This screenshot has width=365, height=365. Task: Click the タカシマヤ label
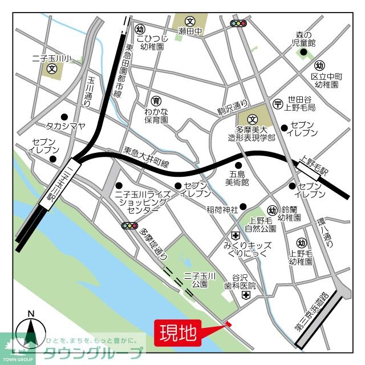pos(64,125)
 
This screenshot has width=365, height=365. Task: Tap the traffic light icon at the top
pos(238,23)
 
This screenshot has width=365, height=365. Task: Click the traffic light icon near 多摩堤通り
pos(130,226)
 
